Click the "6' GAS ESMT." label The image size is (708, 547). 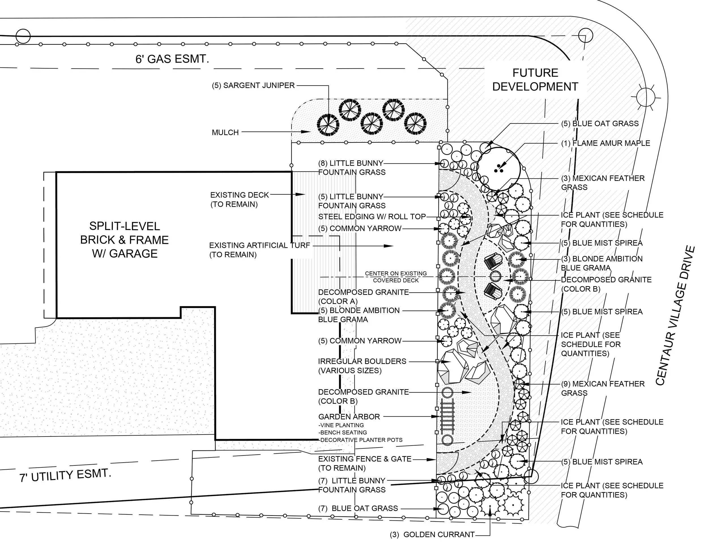[x=172, y=59]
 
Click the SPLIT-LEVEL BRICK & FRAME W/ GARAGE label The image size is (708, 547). [x=125, y=240]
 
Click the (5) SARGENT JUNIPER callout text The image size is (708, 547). [x=253, y=86]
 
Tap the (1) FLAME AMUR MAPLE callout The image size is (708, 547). [x=605, y=143]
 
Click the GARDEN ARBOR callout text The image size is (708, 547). [x=349, y=417]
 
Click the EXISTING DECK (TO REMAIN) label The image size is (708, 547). [x=239, y=199]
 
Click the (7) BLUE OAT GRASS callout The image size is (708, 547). [x=358, y=508]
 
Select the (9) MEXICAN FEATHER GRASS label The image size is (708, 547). [x=603, y=388]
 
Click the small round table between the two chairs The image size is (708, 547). [x=495, y=276]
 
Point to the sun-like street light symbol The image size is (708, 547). [x=646, y=96]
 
